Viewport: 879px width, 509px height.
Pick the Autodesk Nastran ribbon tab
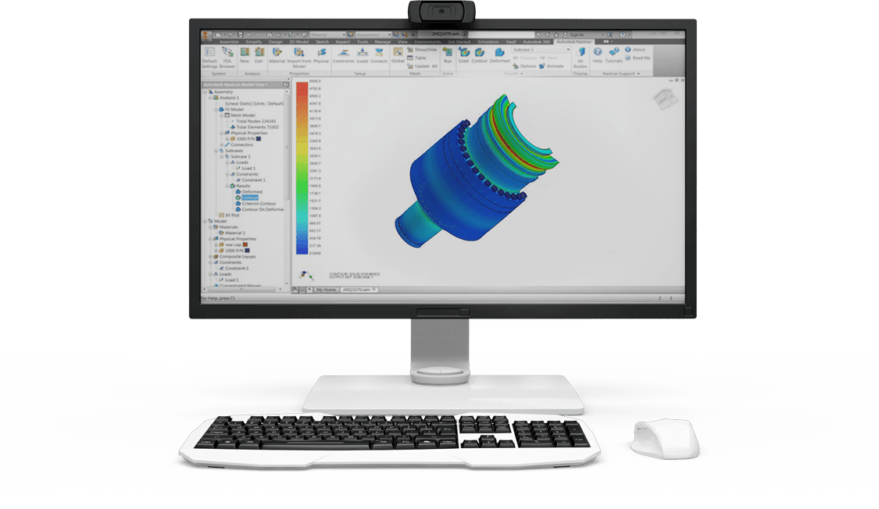point(571,41)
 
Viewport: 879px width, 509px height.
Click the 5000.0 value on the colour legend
point(315,80)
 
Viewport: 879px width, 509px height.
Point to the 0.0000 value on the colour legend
point(314,252)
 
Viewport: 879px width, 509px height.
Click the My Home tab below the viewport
point(326,290)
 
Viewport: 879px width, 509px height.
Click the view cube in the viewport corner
point(660,95)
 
